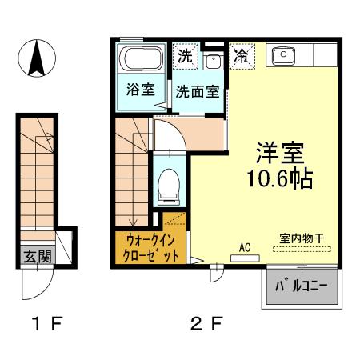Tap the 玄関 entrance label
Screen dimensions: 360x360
[x=35, y=257]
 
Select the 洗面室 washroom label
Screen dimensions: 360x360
[x=197, y=91]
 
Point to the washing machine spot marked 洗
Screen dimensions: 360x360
[x=184, y=56]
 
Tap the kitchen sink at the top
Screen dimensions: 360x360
[x=284, y=56]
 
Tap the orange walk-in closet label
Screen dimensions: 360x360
[x=151, y=248]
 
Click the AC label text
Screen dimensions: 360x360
[x=246, y=248]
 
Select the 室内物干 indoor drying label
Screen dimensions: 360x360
[x=302, y=238]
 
